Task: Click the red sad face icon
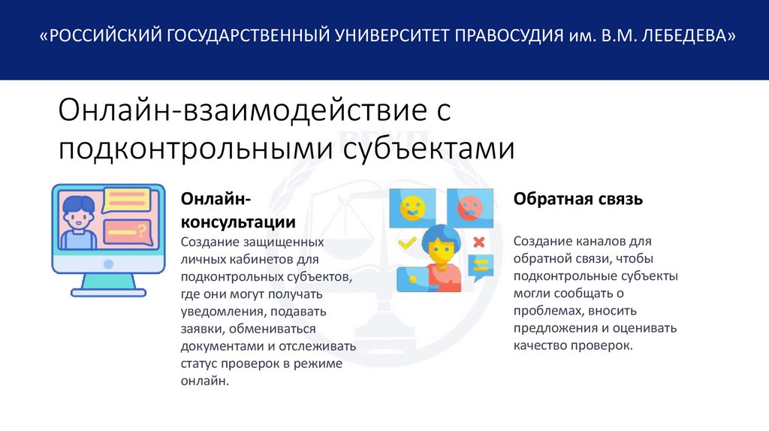click(x=469, y=206)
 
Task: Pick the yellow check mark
click(x=407, y=243)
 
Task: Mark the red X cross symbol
click(x=478, y=242)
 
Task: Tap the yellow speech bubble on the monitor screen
click(x=127, y=200)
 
